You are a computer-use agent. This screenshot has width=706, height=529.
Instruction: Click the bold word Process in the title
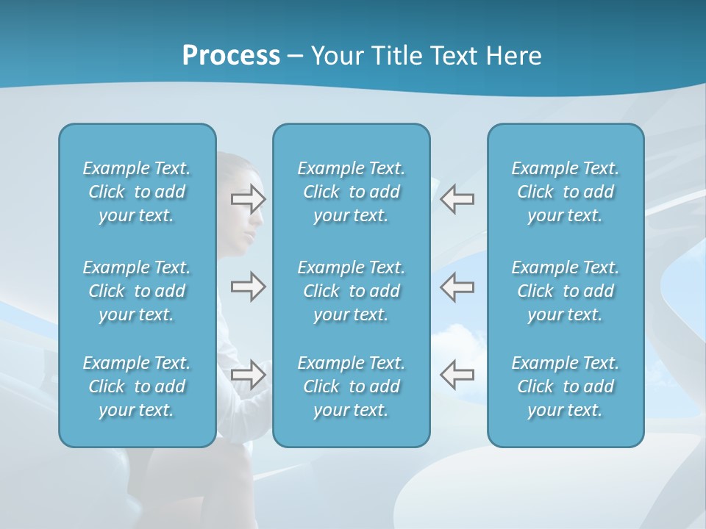click(231, 56)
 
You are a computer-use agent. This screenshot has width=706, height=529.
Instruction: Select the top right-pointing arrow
click(248, 198)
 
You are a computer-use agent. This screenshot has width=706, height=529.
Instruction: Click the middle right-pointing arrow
click(248, 287)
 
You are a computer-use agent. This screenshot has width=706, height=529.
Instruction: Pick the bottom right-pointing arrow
click(248, 375)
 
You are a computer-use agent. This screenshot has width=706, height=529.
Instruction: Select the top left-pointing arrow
click(457, 198)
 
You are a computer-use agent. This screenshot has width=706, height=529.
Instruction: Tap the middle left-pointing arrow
click(457, 287)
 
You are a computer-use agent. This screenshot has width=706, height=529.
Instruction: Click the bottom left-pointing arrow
click(457, 375)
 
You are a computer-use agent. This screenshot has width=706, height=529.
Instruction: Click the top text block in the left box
click(137, 192)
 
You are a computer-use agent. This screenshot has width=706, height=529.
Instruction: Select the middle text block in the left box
click(137, 291)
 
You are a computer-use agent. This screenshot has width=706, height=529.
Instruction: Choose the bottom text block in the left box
click(137, 386)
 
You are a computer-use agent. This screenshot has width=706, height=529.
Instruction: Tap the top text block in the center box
click(351, 192)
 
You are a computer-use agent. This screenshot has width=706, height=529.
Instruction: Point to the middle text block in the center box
click(351, 291)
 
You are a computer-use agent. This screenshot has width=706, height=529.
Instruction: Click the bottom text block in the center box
click(351, 386)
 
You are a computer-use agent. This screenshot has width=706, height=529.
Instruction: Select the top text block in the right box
click(565, 192)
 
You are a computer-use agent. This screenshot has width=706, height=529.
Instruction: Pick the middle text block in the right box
click(565, 291)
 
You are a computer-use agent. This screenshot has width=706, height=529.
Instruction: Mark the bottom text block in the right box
click(565, 386)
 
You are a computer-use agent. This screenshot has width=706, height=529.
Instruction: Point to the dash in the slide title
click(296, 57)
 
